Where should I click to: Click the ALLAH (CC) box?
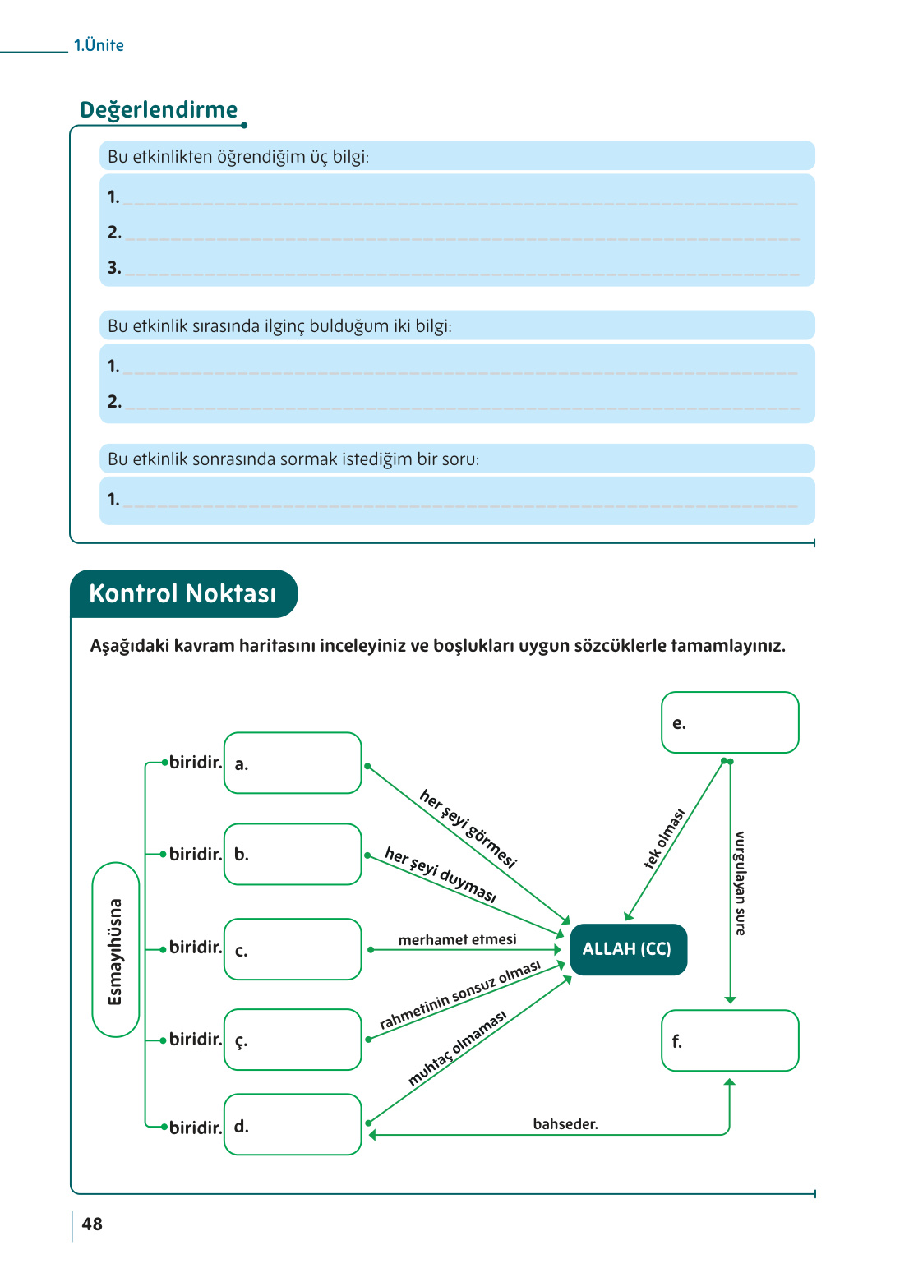(628, 949)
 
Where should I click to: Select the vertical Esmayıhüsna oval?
(116, 950)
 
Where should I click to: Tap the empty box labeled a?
(293, 763)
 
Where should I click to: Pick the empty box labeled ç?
(293, 1040)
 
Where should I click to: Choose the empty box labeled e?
(730, 723)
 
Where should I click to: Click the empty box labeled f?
(730, 1041)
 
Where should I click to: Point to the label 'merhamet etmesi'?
(457, 939)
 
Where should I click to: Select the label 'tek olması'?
(664, 839)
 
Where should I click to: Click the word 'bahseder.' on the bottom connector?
(565, 1124)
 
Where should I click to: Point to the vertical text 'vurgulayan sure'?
(740, 883)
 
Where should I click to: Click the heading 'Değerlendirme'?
(159, 110)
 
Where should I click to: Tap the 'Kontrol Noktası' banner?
(182, 593)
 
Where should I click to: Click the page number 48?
(92, 1224)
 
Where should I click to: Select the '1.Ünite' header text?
(99, 46)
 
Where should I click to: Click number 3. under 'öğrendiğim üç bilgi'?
(114, 268)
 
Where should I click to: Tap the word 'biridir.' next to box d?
(196, 1128)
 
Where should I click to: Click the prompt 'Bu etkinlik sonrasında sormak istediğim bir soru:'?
(293, 459)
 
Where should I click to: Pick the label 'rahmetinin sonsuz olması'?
(460, 995)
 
